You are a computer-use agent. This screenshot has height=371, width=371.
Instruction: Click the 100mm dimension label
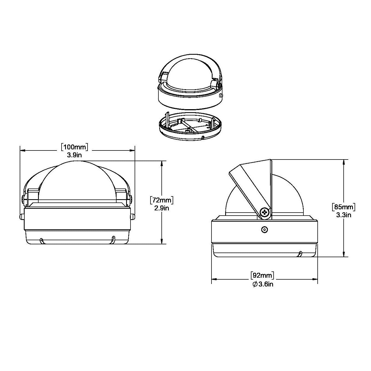click(74, 147)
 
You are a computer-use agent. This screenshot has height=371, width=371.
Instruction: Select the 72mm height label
click(162, 201)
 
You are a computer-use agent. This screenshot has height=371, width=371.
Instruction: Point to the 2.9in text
click(162, 208)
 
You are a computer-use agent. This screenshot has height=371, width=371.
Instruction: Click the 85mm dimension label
click(344, 207)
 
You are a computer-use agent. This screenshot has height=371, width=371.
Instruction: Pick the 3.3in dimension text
click(344, 215)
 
